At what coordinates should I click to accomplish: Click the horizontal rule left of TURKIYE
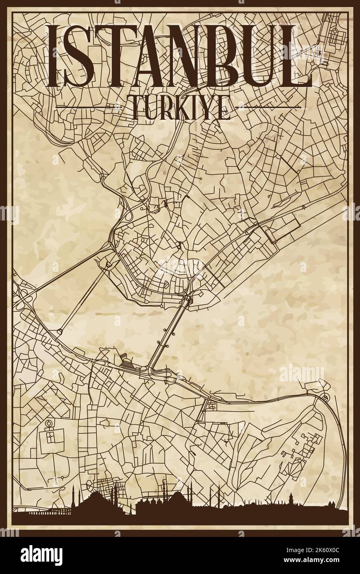pos(88,107)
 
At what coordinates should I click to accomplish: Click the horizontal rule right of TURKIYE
pos(268,107)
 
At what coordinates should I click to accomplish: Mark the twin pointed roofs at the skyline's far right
pos(330,505)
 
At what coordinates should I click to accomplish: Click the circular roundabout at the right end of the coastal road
pos(325,397)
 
